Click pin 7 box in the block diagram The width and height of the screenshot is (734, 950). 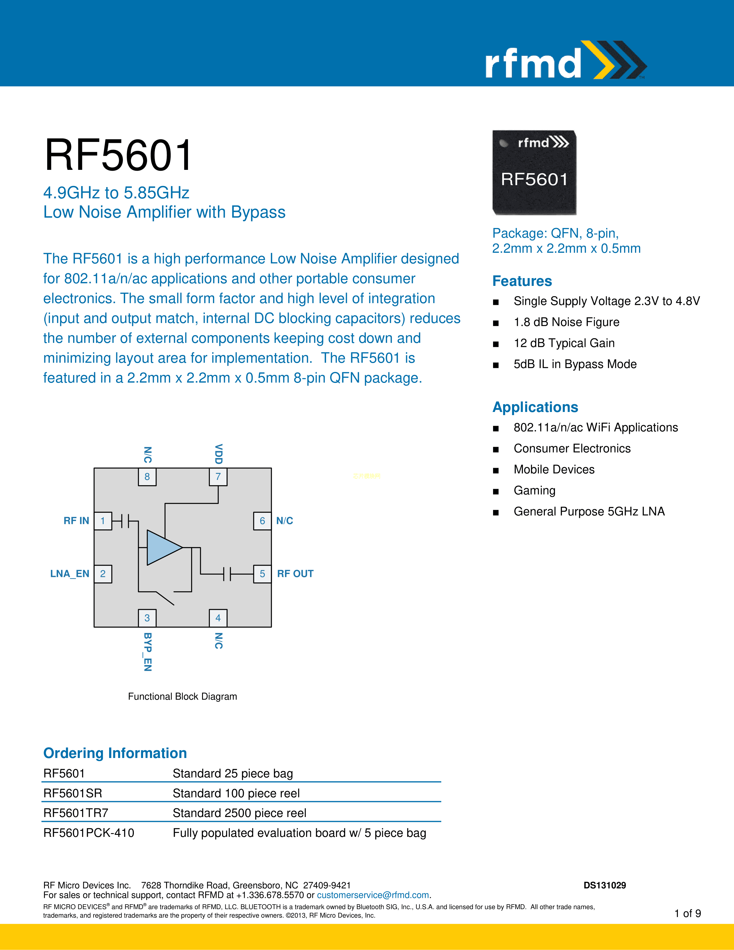pos(218,477)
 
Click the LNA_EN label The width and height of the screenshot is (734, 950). pos(70,574)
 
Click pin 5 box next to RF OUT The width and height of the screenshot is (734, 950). pos(262,574)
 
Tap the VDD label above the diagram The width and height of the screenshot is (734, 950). pos(219,454)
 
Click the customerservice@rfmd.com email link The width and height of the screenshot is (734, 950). pos(373,895)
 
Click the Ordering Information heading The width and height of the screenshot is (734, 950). pos(115,753)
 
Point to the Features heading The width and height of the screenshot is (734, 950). pos(522,281)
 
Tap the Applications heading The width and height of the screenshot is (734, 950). pos(535,407)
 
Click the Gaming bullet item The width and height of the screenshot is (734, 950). pos(535,490)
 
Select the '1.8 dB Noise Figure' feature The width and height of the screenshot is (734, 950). pos(566,322)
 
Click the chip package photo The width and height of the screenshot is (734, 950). pos(534,172)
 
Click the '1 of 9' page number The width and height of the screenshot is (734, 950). pos(687,913)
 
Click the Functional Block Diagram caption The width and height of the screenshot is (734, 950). pos(182,696)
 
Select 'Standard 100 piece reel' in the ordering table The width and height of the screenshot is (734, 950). pos(236,793)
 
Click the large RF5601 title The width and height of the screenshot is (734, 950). pos(118,155)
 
